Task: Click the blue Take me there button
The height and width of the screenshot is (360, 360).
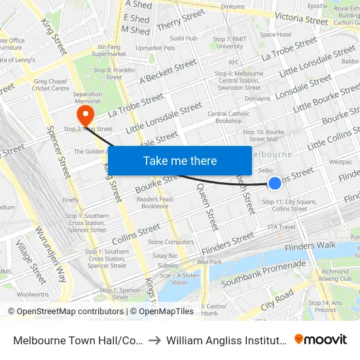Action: [x=180, y=160]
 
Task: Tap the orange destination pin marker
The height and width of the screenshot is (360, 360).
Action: [x=85, y=116]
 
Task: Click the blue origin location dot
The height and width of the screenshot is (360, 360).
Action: [x=276, y=184]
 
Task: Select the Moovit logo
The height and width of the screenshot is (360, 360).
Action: [x=321, y=340]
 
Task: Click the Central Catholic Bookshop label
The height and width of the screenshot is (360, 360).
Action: [x=229, y=117]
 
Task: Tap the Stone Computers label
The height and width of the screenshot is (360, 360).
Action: [x=171, y=242]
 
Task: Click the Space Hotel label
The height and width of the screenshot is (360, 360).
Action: [x=276, y=35]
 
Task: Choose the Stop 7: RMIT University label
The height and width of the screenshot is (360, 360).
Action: [x=229, y=43]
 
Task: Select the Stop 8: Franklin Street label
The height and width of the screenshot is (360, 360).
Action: [x=108, y=73]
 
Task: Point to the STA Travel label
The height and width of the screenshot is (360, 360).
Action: [x=282, y=227]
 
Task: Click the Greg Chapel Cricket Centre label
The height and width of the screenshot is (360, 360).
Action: [x=51, y=84]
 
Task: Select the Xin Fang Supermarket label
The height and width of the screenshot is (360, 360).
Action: [x=110, y=50]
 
